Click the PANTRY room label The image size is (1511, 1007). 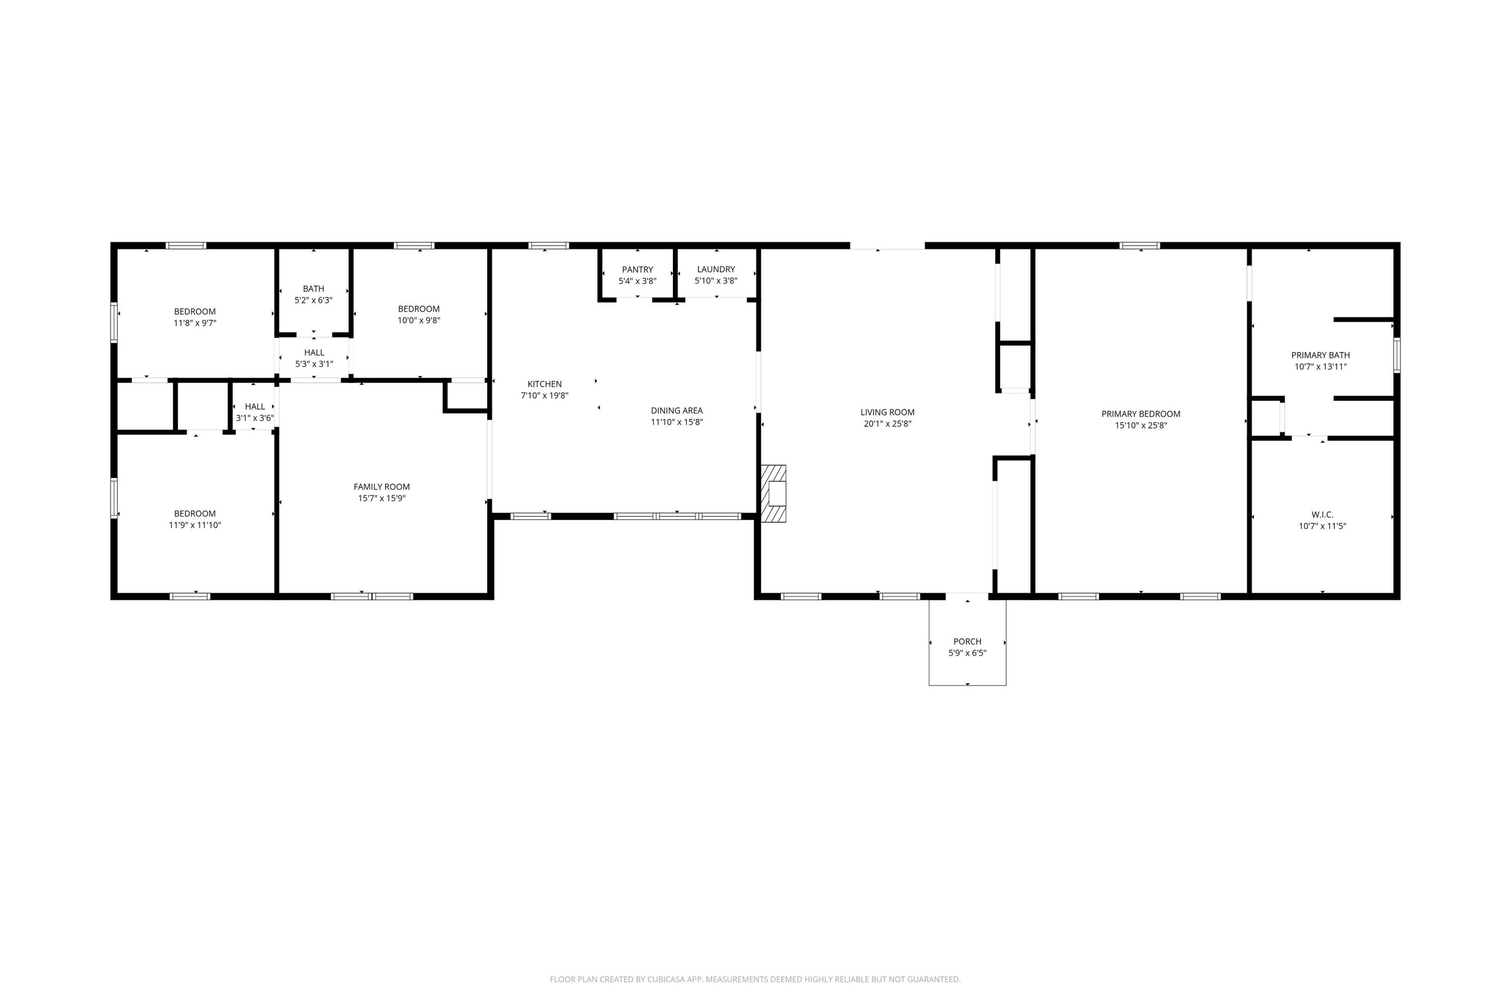pos(637,270)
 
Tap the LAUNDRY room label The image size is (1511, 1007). pos(716,270)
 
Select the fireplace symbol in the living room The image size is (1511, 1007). pos(774,493)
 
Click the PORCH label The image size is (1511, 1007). pos(967,641)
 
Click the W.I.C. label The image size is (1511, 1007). pos(1322,515)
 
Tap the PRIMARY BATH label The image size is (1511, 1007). pos(1320,355)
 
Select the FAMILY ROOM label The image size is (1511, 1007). pos(382,487)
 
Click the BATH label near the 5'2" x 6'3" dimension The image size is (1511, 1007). pos(313,289)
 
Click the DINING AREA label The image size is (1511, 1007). pos(676,411)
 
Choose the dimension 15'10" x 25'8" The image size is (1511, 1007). pos(1140,425)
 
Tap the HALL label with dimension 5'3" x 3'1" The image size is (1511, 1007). pos(314,352)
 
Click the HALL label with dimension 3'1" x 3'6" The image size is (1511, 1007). pos(255,406)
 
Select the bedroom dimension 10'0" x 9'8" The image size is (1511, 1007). pos(419,320)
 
